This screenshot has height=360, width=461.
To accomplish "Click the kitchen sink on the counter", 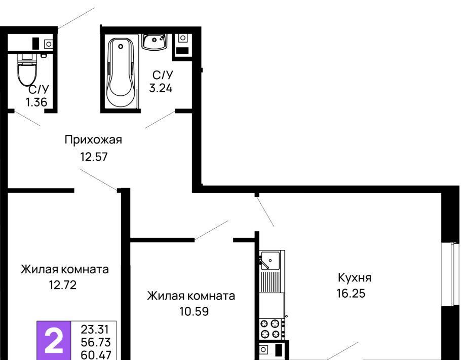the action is click(270, 260).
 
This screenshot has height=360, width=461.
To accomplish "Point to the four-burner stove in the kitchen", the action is click(270, 329).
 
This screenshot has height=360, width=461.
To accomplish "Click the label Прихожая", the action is click(93, 140).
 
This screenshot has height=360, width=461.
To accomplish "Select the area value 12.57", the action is click(94, 157).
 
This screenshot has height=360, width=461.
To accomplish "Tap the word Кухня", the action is click(355, 277).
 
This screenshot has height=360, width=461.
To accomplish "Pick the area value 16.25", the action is click(351, 294).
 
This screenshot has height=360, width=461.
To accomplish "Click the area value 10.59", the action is click(194, 311).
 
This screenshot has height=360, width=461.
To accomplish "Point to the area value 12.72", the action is click(63, 285).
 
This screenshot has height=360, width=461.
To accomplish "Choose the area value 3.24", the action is click(161, 88).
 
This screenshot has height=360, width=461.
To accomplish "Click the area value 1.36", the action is click(36, 102).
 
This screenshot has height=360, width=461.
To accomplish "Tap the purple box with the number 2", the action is click(54, 340).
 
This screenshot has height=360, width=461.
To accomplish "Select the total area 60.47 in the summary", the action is click(96, 355).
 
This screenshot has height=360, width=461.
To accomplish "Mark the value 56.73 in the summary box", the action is click(96, 342).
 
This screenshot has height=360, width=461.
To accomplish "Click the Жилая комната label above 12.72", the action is click(65, 269).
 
